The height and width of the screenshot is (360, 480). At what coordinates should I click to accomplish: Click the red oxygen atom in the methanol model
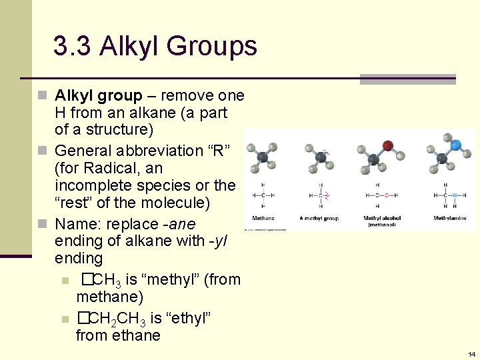click(388, 145)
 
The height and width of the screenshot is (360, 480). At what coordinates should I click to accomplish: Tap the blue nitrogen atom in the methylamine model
click(456, 144)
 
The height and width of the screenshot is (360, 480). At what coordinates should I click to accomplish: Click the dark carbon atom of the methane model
click(263, 157)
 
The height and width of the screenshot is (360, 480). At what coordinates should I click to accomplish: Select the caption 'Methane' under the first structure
click(263, 218)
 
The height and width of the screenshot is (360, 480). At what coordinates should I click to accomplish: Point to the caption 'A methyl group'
click(319, 218)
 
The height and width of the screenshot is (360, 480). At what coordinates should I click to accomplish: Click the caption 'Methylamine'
click(450, 218)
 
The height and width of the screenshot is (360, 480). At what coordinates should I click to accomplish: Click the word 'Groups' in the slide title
click(212, 46)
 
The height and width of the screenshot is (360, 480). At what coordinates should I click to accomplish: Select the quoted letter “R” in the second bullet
click(217, 151)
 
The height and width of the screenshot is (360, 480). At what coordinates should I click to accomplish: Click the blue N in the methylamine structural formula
click(454, 195)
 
